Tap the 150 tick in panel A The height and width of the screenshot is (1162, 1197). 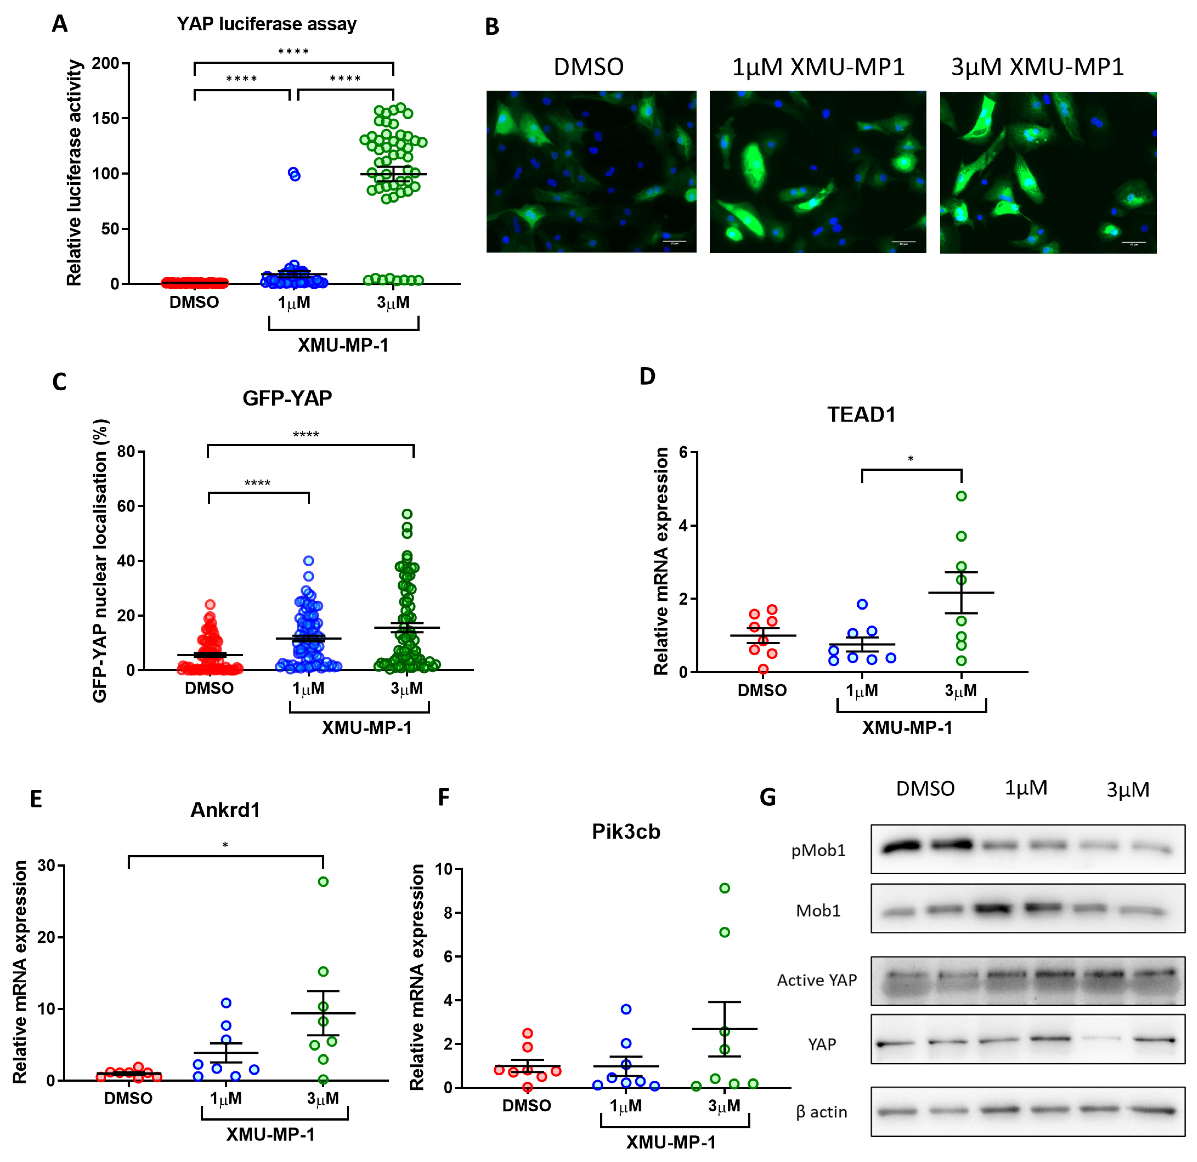[x=105, y=118]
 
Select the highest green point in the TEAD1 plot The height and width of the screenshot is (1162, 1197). [x=961, y=496]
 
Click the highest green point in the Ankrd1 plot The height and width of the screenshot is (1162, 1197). [x=323, y=881]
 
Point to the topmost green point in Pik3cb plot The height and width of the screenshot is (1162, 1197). [x=724, y=888]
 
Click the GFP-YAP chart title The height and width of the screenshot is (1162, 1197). [x=287, y=398]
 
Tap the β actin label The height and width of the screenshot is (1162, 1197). [x=822, y=1112]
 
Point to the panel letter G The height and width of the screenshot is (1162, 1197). [x=768, y=797]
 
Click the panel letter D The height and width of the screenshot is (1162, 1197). [x=647, y=377]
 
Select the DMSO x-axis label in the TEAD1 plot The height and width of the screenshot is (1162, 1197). [x=762, y=691]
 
